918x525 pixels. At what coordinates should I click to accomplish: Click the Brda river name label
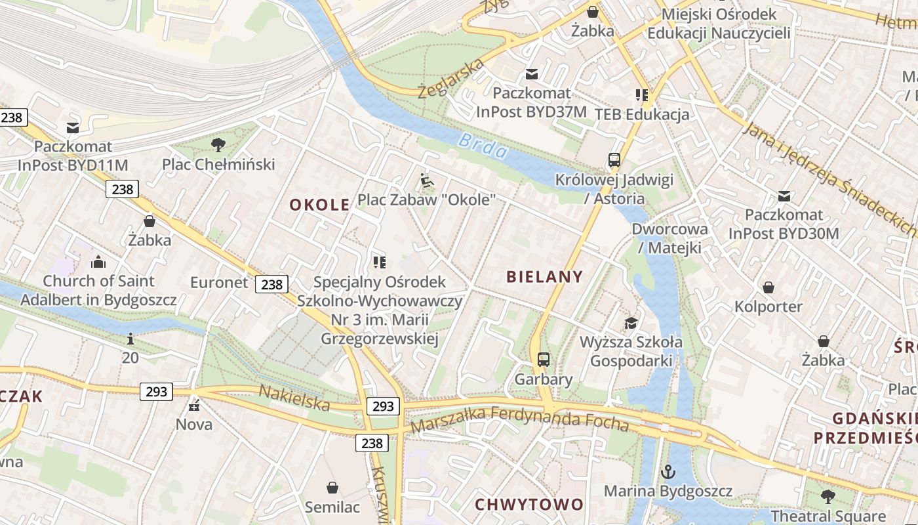point(483,146)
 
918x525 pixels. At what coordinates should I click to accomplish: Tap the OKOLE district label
point(319,205)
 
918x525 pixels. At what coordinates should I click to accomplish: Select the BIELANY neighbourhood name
point(544,277)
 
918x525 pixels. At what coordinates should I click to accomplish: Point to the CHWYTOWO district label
point(529,505)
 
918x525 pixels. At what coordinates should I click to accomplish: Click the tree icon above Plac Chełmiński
point(218,145)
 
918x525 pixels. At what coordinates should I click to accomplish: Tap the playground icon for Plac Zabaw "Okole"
point(426,180)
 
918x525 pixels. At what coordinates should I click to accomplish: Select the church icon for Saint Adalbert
point(98,262)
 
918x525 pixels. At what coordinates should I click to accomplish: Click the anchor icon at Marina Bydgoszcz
point(668,472)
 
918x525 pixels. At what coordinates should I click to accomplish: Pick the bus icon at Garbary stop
point(544,360)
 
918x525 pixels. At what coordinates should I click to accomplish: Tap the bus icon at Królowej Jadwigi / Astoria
point(614,160)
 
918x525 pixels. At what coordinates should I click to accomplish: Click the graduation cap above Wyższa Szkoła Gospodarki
point(631,323)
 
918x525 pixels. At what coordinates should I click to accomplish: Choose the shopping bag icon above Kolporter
point(768,287)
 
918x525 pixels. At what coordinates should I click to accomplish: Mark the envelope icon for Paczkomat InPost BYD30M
point(784,196)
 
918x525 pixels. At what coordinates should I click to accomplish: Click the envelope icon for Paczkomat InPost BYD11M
point(73,127)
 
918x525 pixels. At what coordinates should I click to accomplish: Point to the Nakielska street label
point(294,398)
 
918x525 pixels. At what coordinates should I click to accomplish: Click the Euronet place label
point(219,283)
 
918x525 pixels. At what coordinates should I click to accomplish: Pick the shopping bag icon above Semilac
point(332,488)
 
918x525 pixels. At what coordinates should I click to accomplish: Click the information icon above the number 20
point(130,339)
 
